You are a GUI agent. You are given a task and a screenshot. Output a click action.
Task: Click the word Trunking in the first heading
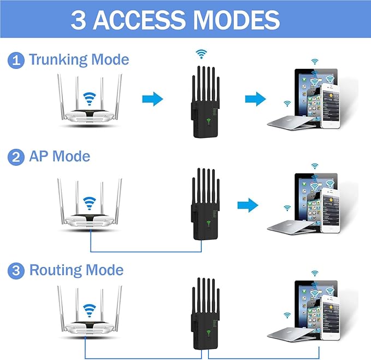tap(58, 59)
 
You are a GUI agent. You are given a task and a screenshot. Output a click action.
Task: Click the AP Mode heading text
tap(59, 157)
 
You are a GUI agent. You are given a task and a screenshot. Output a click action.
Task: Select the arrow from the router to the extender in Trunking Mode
tap(152, 99)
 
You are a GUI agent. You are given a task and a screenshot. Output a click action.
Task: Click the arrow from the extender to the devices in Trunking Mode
tap(255, 99)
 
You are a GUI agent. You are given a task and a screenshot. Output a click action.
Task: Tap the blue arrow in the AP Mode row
tap(248, 205)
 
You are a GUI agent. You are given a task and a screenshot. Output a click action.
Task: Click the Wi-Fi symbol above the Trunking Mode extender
tap(202, 54)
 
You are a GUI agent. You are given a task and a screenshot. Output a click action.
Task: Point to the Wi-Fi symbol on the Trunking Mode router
tap(88, 99)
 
